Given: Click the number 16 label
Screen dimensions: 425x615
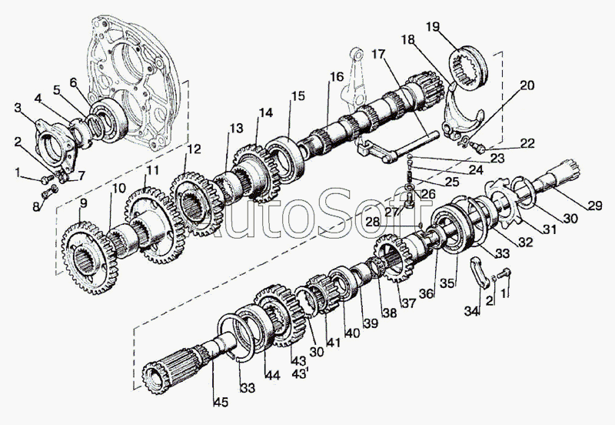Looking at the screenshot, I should point(337,77).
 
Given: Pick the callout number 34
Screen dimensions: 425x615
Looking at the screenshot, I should point(471,311).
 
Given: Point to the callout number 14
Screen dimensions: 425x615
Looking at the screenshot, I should point(265,112).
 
